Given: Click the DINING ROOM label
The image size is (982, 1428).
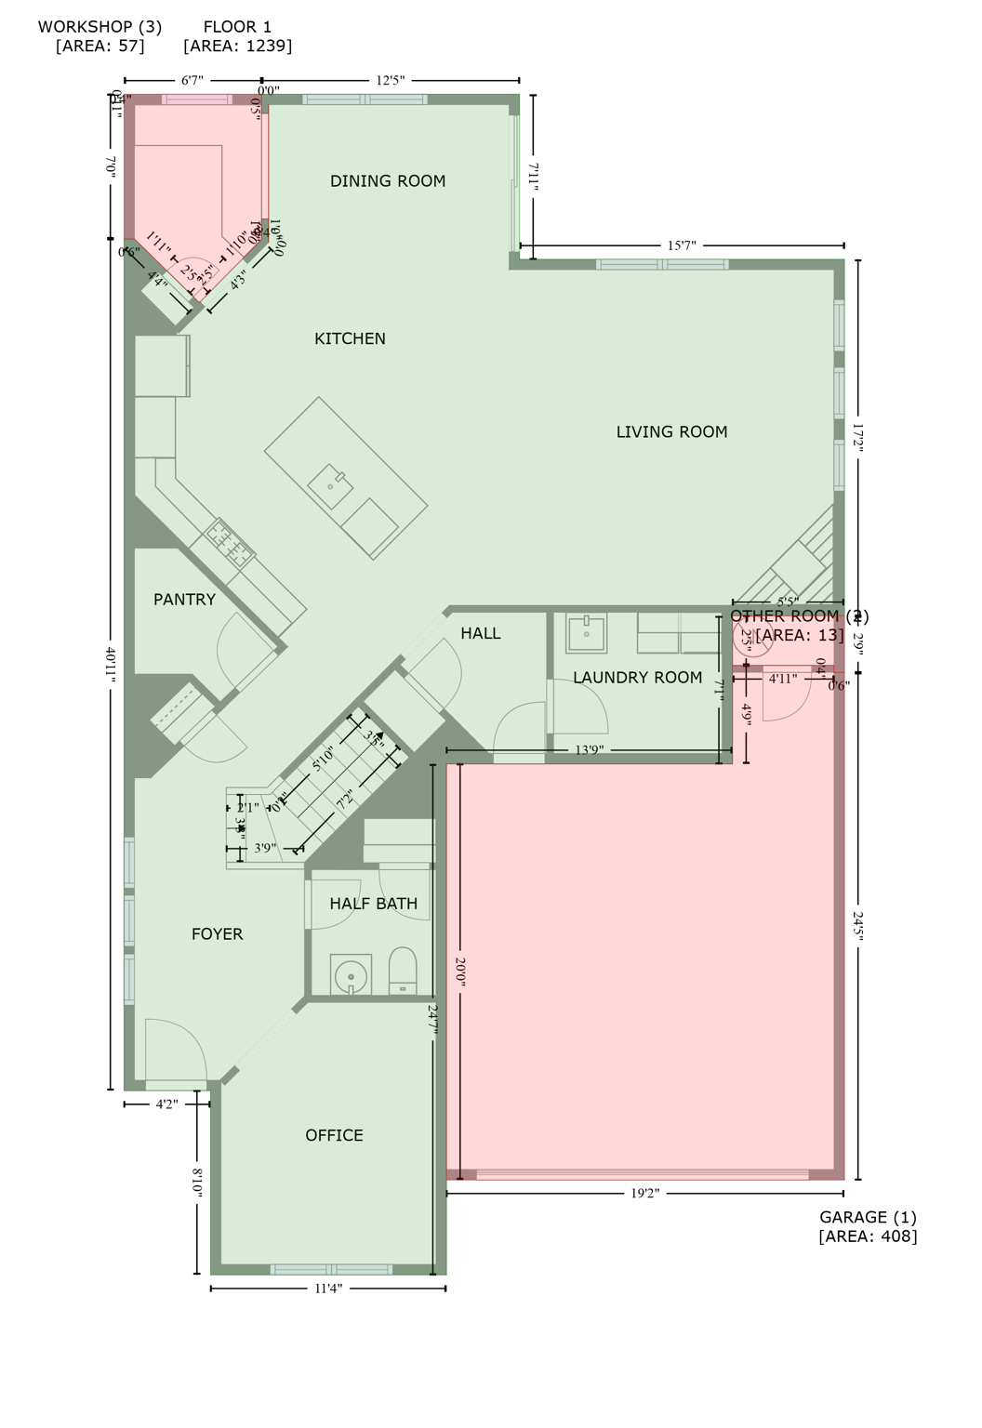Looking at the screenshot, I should tap(388, 181).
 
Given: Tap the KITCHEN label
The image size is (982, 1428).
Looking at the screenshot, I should tap(350, 339).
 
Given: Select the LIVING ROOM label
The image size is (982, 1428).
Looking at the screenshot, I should tap(671, 432).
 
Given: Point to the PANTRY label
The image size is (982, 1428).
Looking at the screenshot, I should tap(184, 601).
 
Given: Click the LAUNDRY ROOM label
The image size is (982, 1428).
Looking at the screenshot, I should tap(637, 678).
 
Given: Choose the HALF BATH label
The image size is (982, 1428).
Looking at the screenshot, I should tap(373, 904).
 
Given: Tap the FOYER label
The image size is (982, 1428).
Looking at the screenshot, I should tap(217, 934).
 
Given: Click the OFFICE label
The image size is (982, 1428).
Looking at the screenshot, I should tap(334, 1136).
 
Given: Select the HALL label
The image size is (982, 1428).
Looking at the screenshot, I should tap(480, 634).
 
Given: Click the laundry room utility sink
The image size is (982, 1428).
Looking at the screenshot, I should tap(586, 633).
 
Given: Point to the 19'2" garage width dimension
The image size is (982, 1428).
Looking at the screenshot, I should tap(644, 1194).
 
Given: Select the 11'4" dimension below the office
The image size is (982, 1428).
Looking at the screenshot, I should tap(328, 1289).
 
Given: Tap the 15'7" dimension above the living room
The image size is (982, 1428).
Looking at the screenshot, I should tap(682, 245).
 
